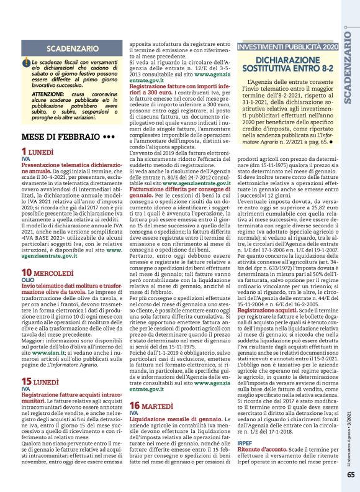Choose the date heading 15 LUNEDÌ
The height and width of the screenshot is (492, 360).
click(45, 381)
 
